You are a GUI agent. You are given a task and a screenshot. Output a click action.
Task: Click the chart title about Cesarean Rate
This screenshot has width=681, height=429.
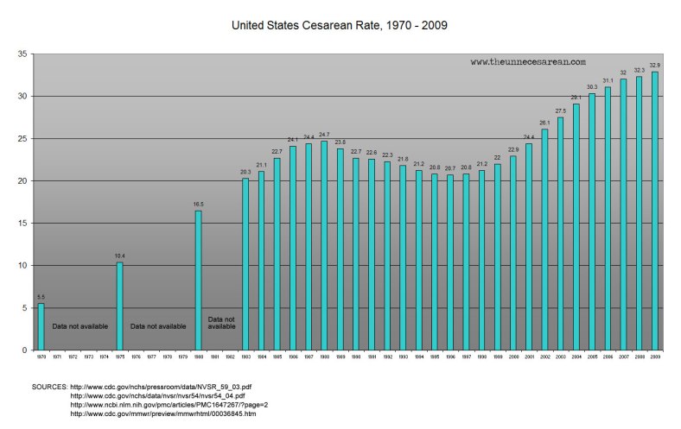pyautogui.click(x=339, y=26)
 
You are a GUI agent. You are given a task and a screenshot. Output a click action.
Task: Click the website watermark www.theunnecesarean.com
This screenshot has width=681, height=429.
pyautogui.click(x=528, y=62)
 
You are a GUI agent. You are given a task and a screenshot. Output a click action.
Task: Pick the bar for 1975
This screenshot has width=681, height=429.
pyautogui.click(x=120, y=306)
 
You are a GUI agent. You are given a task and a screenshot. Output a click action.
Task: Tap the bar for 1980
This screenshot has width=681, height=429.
pyautogui.click(x=198, y=280)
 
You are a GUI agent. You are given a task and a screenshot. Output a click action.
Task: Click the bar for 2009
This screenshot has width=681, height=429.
pyautogui.click(x=654, y=211)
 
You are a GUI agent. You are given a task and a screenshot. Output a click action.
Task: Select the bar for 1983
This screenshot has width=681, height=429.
pyautogui.click(x=245, y=264)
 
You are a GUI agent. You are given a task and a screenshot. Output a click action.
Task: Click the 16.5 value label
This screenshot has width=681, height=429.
pyautogui.click(x=198, y=205)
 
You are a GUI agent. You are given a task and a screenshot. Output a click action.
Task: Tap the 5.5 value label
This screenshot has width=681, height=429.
pyautogui.click(x=41, y=297)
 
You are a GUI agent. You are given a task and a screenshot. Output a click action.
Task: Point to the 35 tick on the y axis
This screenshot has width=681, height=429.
pyautogui.click(x=23, y=54)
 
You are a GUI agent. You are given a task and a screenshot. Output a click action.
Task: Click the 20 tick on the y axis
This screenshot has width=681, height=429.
pyautogui.click(x=23, y=181)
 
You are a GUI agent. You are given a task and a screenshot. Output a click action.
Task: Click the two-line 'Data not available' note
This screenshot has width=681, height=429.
pyautogui.click(x=221, y=323)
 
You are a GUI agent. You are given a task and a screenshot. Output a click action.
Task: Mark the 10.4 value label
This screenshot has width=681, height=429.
pyautogui.click(x=120, y=256)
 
